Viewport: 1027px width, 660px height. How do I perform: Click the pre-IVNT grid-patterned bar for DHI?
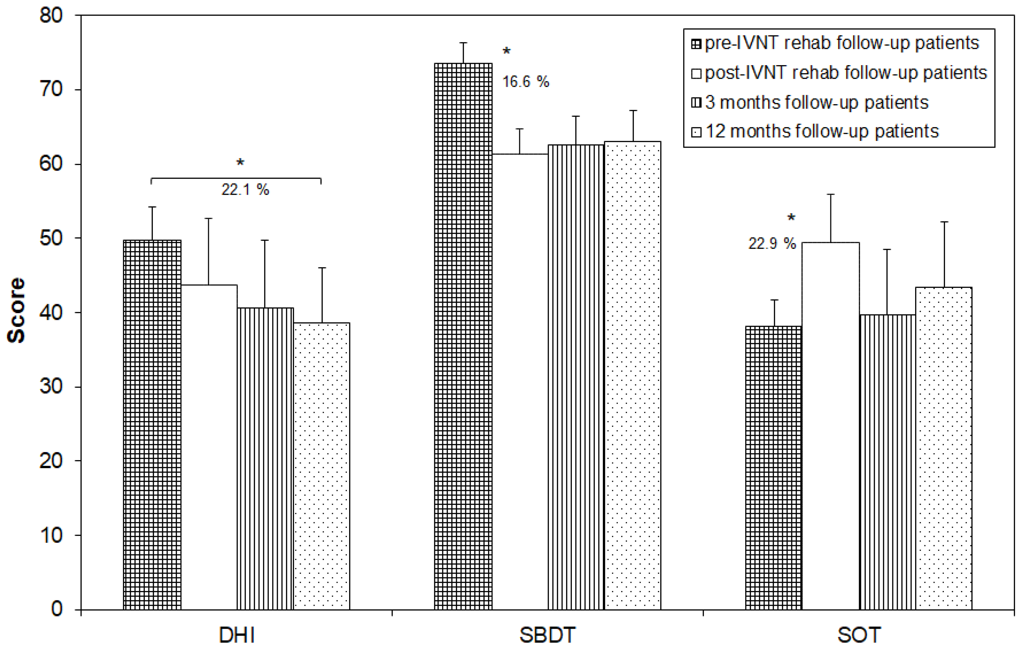click(152, 424)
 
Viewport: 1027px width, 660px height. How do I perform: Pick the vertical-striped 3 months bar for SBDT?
click(575, 377)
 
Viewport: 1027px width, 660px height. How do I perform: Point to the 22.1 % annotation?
click(245, 190)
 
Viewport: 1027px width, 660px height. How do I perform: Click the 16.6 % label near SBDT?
click(526, 82)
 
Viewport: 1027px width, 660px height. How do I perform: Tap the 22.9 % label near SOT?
click(772, 244)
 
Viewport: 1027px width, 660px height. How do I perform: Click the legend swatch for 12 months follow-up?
click(696, 132)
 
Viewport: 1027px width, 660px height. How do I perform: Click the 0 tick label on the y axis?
click(57, 609)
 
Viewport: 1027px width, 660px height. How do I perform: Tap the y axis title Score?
click(16, 311)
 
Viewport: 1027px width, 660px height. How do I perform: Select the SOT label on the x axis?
click(859, 635)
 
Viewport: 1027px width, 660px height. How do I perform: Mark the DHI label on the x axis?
click(237, 635)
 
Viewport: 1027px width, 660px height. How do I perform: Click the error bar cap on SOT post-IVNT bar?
click(830, 194)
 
